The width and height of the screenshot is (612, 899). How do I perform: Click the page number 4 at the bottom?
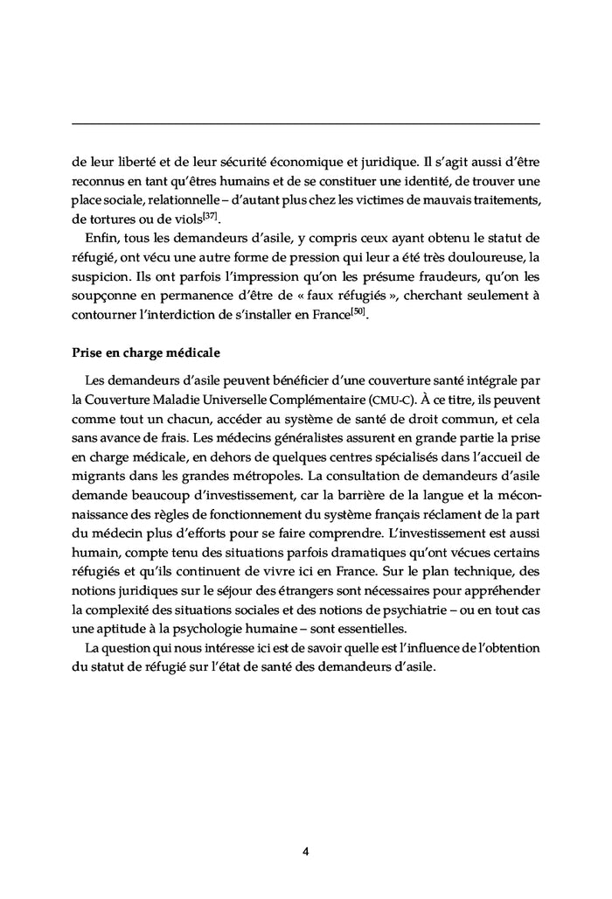(305, 851)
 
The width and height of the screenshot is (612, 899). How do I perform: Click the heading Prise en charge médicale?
(144, 354)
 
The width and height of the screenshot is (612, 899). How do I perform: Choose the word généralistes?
(265, 440)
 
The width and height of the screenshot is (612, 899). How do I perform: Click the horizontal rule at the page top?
(305, 123)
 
